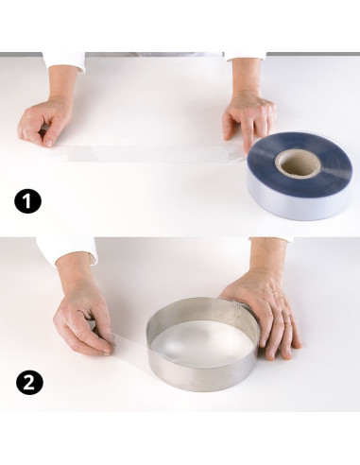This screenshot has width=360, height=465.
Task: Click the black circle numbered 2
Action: click(29, 383)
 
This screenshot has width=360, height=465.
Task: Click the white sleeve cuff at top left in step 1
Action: click(64, 61)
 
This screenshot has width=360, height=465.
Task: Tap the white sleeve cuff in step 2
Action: click(68, 249)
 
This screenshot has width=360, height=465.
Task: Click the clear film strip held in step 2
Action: click(130, 347)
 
